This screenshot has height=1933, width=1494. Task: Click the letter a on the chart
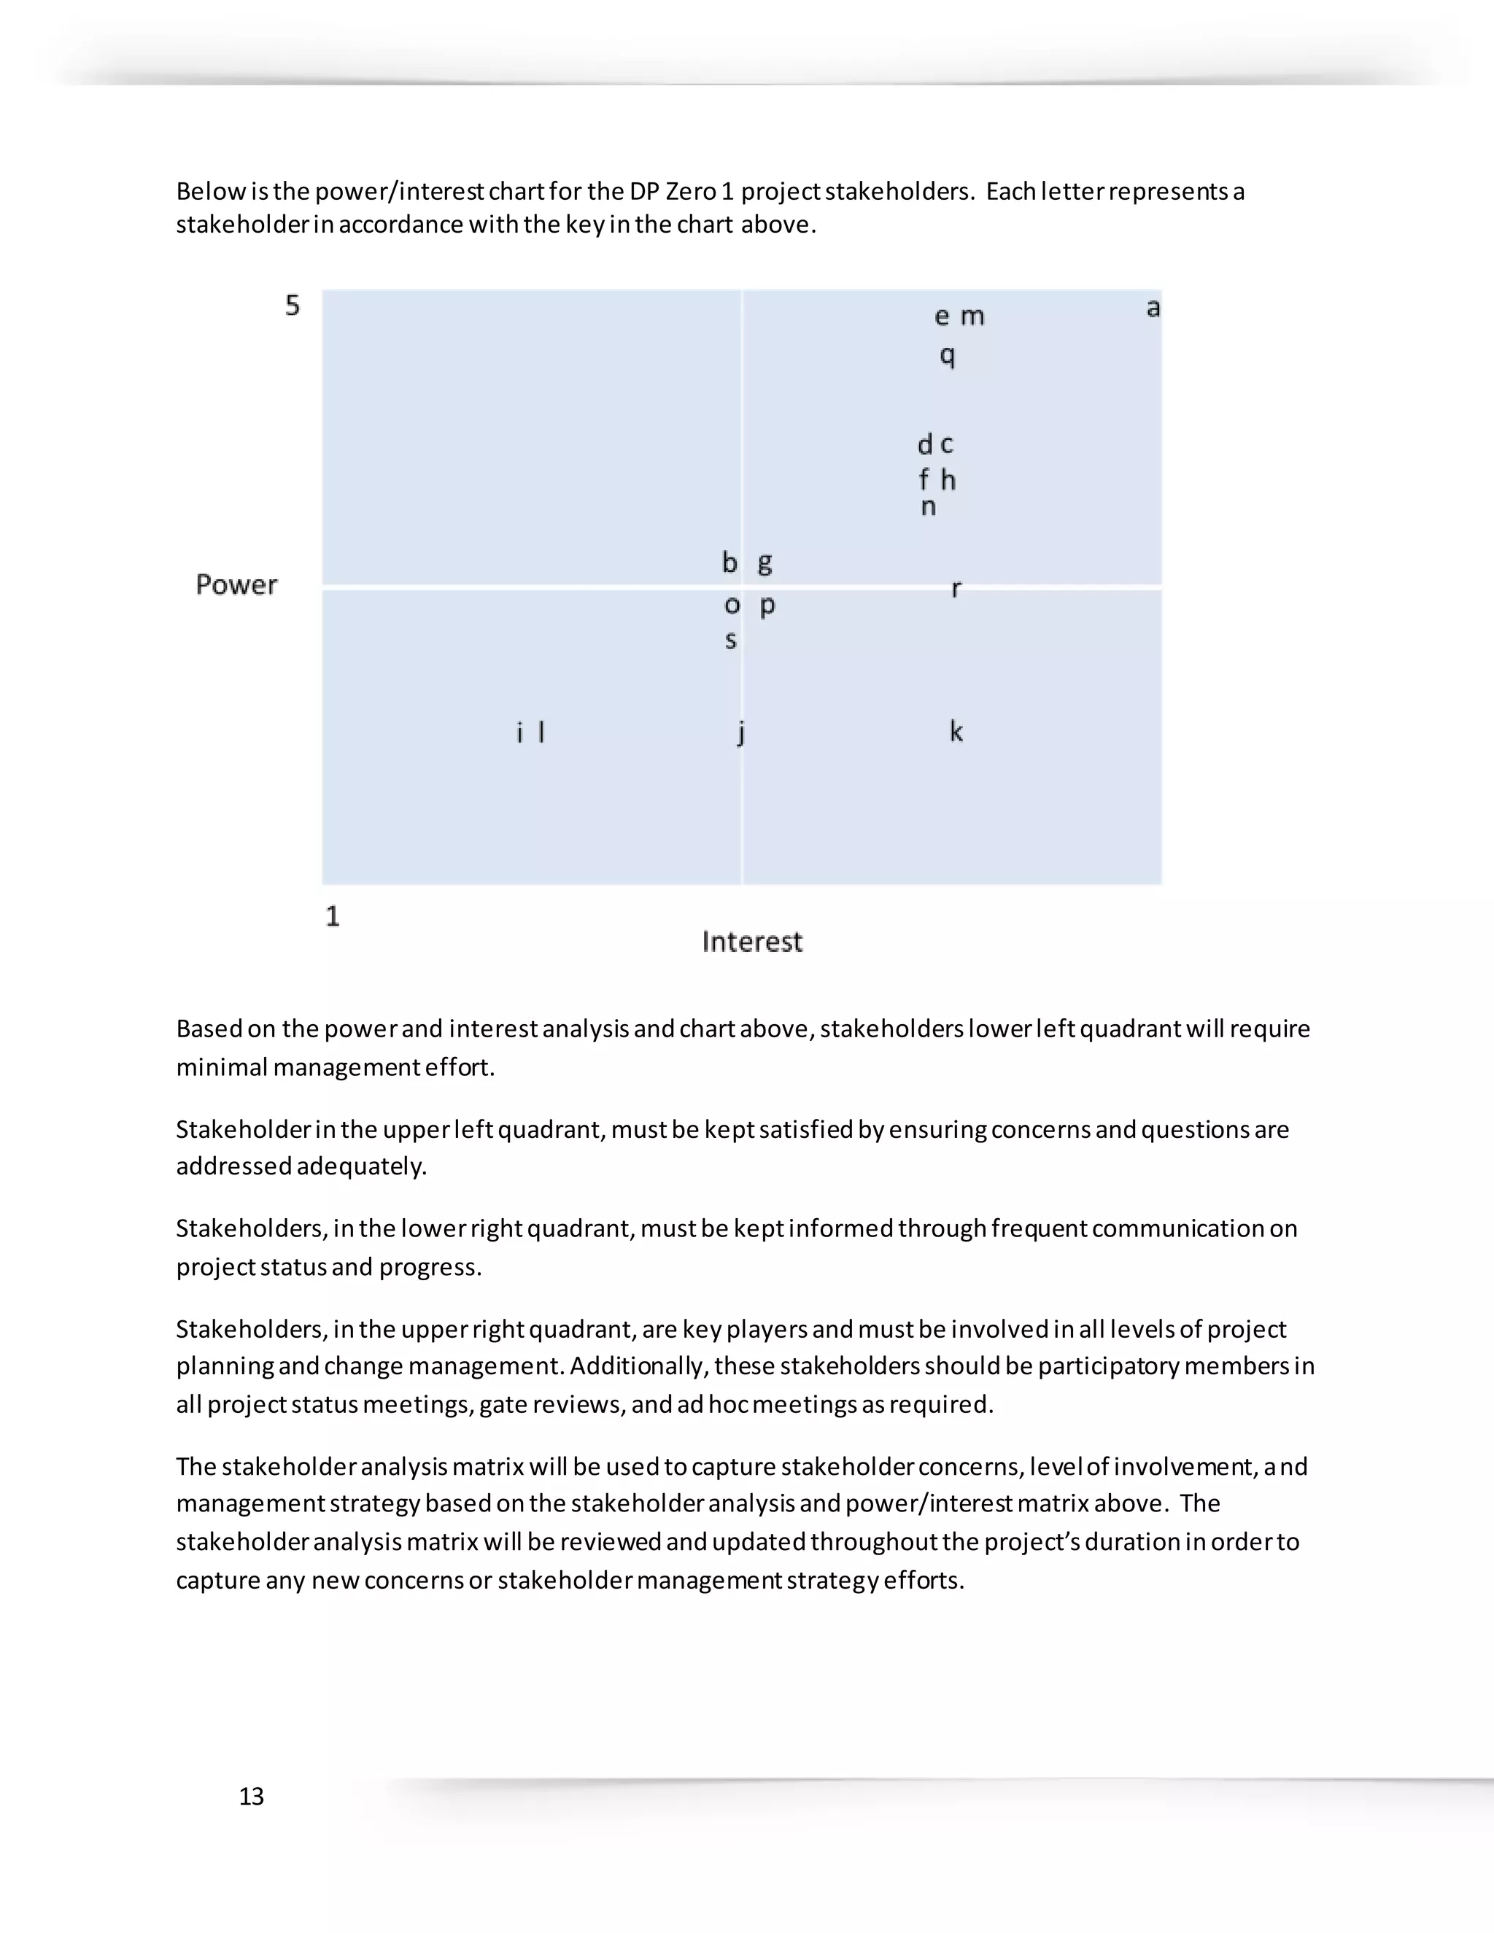point(1153,308)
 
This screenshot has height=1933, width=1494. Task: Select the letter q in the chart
point(947,356)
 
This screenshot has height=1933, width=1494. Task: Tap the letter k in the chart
point(956,731)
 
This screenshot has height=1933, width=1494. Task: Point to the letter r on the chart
point(956,589)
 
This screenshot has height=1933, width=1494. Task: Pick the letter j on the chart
point(741,732)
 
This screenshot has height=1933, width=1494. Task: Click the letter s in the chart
point(730,640)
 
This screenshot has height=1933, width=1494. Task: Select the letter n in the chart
point(928,507)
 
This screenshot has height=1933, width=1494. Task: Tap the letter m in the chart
point(972,316)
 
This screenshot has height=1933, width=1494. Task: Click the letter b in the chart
point(729,562)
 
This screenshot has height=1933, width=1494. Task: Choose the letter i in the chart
point(519,732)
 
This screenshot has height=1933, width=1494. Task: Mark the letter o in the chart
point(732,605)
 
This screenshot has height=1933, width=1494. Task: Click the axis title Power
point(236,585)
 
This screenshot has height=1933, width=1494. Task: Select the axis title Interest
point(752,941)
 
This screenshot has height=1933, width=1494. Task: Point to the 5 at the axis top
point(292,306)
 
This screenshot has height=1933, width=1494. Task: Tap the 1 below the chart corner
point(333,916)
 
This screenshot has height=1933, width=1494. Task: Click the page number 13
point(252,1796)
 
